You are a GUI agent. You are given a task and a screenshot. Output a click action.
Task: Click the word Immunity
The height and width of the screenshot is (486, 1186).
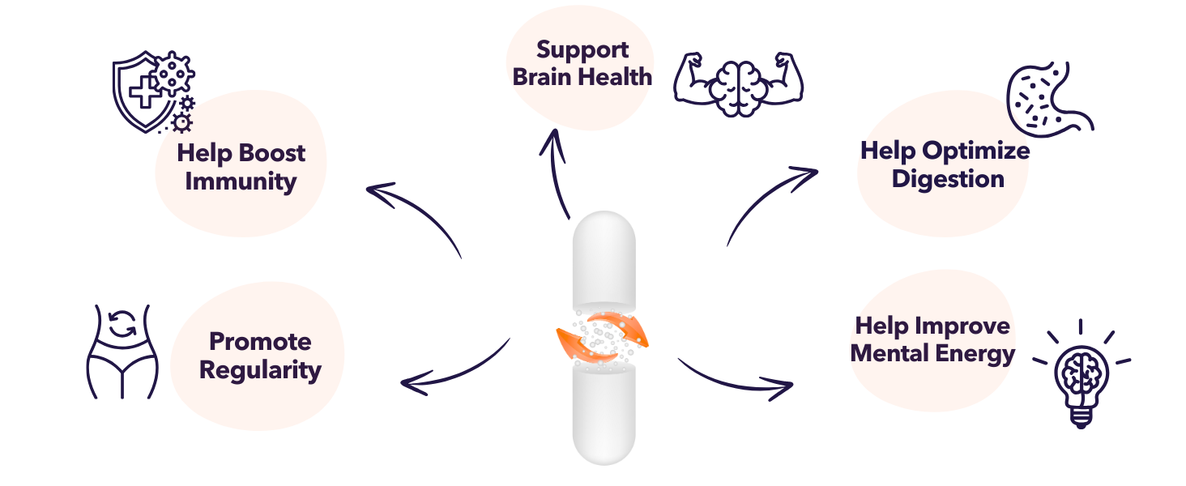click(241, 181)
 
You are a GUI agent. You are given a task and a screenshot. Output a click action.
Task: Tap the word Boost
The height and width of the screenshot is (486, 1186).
click(272, 152)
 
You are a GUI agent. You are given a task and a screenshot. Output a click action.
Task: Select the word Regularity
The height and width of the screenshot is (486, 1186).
click(260, 370)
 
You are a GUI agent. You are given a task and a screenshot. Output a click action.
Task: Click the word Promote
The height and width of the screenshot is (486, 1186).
click(260, 341)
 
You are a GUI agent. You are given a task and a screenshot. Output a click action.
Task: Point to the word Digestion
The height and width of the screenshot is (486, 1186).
click(948, 178)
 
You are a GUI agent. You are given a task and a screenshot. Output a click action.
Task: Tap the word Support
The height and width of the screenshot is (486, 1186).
click(582, 49)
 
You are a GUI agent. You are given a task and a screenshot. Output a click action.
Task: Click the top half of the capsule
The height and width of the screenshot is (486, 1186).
click(604, 259)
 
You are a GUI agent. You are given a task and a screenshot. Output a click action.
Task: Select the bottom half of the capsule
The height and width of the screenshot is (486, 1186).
click(604, 413)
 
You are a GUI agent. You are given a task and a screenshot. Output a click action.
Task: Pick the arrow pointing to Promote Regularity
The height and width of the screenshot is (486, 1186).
click(454, 369)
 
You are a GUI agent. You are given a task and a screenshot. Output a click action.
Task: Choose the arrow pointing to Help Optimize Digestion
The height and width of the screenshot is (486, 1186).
click(766, 198)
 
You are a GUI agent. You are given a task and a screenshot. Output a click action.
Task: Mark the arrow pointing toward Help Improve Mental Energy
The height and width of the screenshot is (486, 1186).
click(733, 381)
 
